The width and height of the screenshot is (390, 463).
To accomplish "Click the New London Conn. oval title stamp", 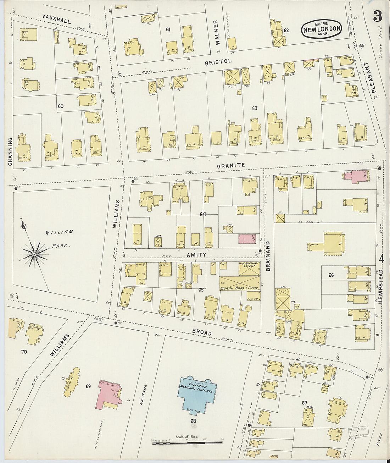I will click(x=322, y=29).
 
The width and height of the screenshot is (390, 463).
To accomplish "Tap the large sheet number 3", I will click(x=377, y=16).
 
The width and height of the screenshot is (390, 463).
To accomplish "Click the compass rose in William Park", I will click(x=34, y=254).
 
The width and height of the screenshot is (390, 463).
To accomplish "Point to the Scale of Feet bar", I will click(x=187, y=443).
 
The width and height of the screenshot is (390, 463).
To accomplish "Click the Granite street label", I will click(x=231, y=165).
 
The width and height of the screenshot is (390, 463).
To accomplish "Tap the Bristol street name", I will click(x=218, y=62).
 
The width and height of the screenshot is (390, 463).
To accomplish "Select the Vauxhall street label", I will click(x=56, y=18).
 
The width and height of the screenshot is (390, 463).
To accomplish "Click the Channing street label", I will click(x=10, y=151).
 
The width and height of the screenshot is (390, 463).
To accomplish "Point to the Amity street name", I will click(x=196, y=255).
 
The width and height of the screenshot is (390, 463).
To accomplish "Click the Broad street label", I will click(x=202, y=332).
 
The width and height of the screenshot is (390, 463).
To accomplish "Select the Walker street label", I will click(x=216, y=32).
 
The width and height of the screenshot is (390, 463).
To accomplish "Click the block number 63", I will click(x=254, y=108).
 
